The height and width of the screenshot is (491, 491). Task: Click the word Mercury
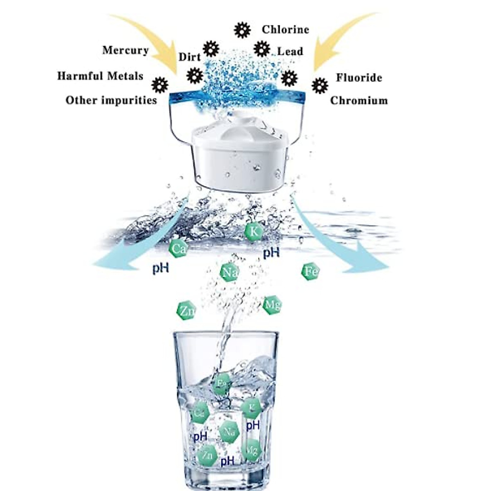coord(125,50)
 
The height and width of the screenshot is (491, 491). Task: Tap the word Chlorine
coord(285,29)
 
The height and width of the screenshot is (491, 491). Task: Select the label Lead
coord(290,52)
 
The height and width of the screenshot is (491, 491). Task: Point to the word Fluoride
coord(359,78)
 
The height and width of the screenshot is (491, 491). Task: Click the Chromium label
coord(359,101)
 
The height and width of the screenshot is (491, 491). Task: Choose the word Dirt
coord(189,57)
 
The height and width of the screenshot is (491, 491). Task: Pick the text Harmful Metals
coord(100,76)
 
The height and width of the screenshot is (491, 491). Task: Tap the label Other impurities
coord(111,100)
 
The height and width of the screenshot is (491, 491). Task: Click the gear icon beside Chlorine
coord(242,30)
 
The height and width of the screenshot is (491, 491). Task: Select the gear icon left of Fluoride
coord(320,86)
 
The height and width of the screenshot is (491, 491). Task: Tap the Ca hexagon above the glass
coord(178,249)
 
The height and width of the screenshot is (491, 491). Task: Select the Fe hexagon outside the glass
coord(310,271)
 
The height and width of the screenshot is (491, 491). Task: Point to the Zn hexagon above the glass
coord(186,312)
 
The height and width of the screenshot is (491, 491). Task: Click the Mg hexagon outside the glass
coord(272,305)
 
